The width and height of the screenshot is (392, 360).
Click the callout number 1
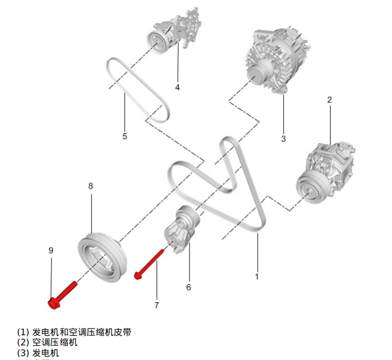point(257,276)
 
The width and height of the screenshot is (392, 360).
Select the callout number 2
point(330,100)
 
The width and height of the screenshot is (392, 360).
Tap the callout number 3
point(283,138)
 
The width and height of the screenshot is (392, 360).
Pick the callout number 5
point(125,136)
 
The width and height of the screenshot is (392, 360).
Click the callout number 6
point(188,287)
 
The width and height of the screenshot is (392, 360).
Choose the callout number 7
point(156,305)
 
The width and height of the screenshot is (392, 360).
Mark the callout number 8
point(91,185)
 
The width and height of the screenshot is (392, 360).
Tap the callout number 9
point(51,250)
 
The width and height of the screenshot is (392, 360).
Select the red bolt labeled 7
point(149,264)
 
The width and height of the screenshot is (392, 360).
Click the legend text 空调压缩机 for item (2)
point(55,342)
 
